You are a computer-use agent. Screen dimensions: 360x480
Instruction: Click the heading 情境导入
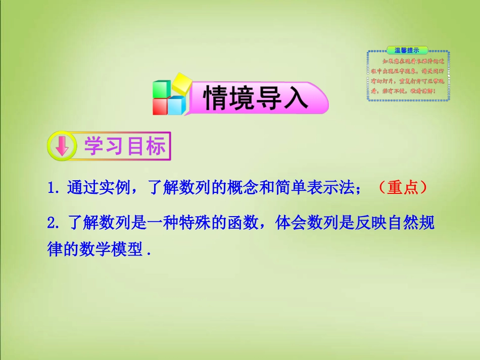coord(256,98)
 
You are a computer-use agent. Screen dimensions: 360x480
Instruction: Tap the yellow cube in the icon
coord(182,83)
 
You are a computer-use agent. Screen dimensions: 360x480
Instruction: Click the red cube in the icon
coord(161,106)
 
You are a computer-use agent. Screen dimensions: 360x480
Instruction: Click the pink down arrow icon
coord(61,146)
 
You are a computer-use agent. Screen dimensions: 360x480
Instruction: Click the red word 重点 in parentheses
coord(402,188)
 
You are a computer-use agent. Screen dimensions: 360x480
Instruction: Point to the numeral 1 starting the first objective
coord(51,188)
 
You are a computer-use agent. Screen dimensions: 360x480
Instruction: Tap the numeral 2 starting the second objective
coord(51,223)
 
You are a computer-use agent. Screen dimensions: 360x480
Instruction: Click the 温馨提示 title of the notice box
coord(407,50)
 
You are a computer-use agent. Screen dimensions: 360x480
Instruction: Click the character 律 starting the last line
coord(54,249)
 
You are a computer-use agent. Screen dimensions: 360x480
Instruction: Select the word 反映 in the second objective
coord(359,223)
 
